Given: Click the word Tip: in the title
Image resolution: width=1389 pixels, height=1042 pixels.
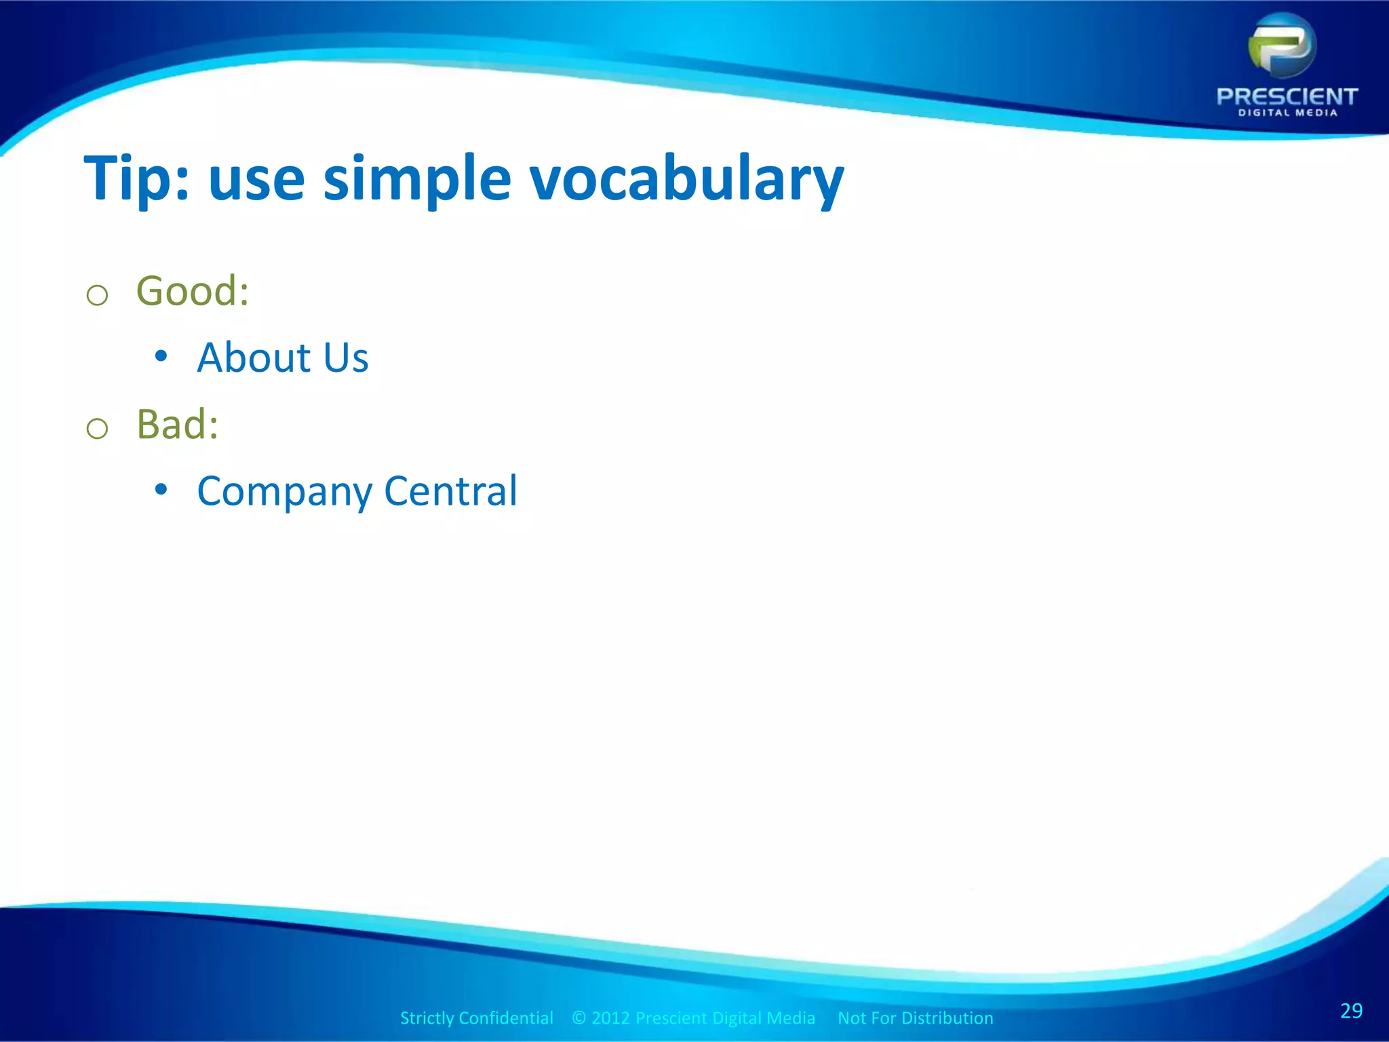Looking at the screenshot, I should [135, 178].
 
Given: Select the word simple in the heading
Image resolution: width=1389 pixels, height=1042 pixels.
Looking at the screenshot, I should [416, 178].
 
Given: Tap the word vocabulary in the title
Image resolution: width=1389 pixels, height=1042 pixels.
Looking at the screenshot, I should [686, 178].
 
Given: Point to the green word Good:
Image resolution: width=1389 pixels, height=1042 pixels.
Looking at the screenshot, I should [193, 291].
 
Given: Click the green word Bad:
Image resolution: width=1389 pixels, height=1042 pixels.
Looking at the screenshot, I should [178, 425].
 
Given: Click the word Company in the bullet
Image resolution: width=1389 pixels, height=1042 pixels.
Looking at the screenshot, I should [284, 492].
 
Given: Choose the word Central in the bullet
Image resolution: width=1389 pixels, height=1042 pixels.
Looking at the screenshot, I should [450, 490].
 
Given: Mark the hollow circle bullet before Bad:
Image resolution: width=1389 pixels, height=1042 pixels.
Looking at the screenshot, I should [98, 429].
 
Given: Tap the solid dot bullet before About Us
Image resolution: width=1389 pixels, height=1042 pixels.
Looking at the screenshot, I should [161, 355].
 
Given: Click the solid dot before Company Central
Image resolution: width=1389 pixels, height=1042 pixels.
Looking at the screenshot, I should [161, 489].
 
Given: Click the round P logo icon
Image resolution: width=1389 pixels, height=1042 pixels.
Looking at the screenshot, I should [1282, 46].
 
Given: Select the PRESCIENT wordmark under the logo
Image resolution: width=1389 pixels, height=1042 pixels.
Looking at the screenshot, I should [1287, 96].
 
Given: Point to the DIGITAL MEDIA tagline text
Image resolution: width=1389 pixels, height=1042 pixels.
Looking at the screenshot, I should [1287, 113].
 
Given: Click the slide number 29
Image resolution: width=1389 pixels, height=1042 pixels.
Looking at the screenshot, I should [1351, 1011].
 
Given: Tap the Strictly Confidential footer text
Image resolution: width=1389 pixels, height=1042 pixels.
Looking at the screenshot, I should [476, 1018].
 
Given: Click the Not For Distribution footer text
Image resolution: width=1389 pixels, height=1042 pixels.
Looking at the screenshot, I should [915, 1018].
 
